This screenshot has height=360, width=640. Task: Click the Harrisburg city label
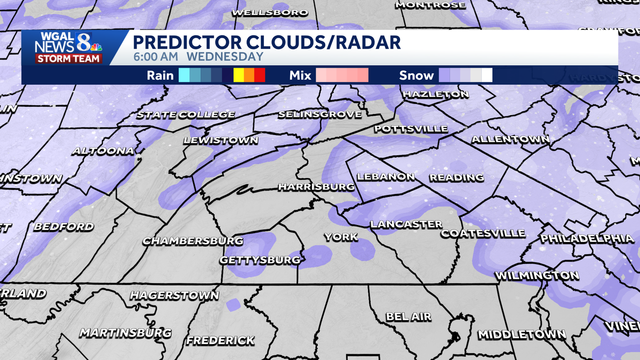pos(316,187)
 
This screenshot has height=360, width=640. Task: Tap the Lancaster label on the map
pos(406,225)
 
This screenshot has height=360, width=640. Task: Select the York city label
pos(340,237)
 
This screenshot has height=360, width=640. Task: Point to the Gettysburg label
pos(260,260)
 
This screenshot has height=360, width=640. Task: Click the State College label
pos(186,115)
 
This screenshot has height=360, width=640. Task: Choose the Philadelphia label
pos(587,238)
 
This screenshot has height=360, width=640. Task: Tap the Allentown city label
pos(510,140)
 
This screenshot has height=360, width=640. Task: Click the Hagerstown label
pos(174,295)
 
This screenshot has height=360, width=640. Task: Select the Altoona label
pos(103,151)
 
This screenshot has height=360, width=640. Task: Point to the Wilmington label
pos(537,276)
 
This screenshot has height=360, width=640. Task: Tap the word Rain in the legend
pos(160,75)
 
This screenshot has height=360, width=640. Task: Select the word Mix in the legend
pos(300,75)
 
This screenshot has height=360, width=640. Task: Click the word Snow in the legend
pos(417,75)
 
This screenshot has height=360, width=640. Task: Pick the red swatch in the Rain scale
pos(260,75)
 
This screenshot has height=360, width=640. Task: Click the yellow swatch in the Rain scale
pos(238,75)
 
